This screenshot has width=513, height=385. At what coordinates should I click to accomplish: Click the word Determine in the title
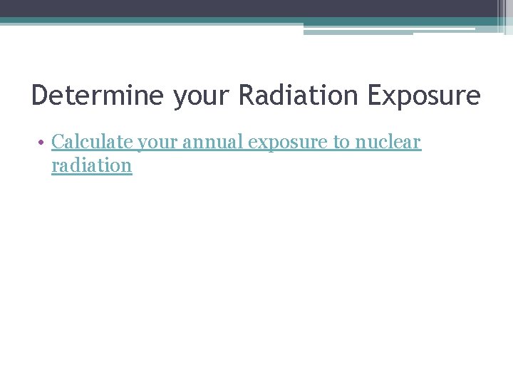pos(97,96)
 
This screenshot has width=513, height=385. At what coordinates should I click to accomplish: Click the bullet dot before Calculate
pos(43,143)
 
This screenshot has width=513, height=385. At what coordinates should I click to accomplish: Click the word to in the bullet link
pos(341,142)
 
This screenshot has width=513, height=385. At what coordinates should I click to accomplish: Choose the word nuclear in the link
pos(388,142)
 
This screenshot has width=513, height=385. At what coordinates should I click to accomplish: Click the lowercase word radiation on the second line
pos(92,166)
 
